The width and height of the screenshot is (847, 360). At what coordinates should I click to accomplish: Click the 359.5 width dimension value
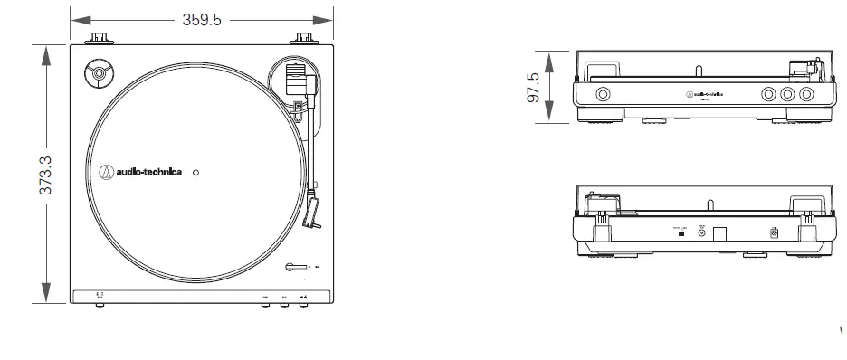coord(201,20)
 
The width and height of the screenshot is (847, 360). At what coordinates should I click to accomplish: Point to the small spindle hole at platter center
coord(197,171)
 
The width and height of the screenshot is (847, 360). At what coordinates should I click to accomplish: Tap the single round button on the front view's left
coord(602,93)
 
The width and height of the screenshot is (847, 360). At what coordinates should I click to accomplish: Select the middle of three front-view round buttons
coord(787,93)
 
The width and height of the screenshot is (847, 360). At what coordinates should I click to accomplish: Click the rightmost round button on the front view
coord(805,93)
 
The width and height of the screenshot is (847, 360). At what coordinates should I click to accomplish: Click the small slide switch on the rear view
coord(681,233)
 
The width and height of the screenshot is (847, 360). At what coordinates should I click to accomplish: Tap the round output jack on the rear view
coord(701,232)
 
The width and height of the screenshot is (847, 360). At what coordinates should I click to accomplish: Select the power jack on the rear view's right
coord(774,233)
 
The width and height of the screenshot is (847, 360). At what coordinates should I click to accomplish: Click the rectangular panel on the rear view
coord(720,232)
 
